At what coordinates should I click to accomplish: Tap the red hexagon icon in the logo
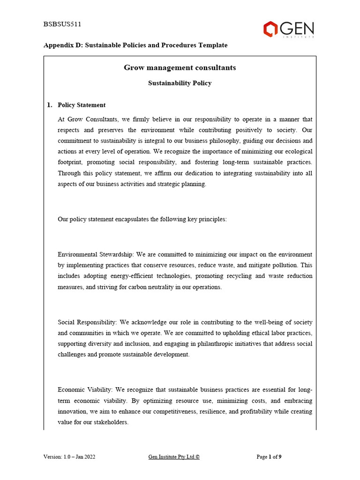click(270, 30)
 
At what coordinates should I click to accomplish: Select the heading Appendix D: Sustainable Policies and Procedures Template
click(135, 45)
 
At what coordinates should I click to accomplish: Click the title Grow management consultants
click(180, 68)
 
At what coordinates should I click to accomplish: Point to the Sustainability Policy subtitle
click(180, 83)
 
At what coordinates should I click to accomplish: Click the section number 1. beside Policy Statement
click(50, 105)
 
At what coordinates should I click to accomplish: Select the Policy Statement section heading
click(82, 105)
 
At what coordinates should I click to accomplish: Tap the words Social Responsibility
click(87, 322)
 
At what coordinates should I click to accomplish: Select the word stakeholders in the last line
click(111, 422)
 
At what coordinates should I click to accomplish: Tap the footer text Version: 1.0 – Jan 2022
click(69, 457)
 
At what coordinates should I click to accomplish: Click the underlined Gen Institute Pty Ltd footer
click(174, 457)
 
